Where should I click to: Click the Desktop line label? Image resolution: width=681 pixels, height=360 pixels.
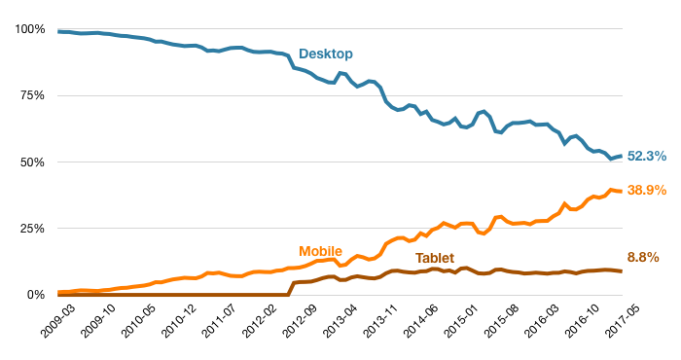tap(326, 53)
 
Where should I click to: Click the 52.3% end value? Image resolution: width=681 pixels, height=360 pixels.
tap(647, 156)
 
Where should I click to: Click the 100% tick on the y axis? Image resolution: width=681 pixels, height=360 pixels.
tap(27, 29)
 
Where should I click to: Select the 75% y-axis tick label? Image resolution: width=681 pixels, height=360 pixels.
tap(30, 95)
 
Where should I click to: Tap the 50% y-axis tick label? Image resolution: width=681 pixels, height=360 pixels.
tap(30, 162)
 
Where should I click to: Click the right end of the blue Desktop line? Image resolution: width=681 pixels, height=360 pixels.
tap(622, 156)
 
